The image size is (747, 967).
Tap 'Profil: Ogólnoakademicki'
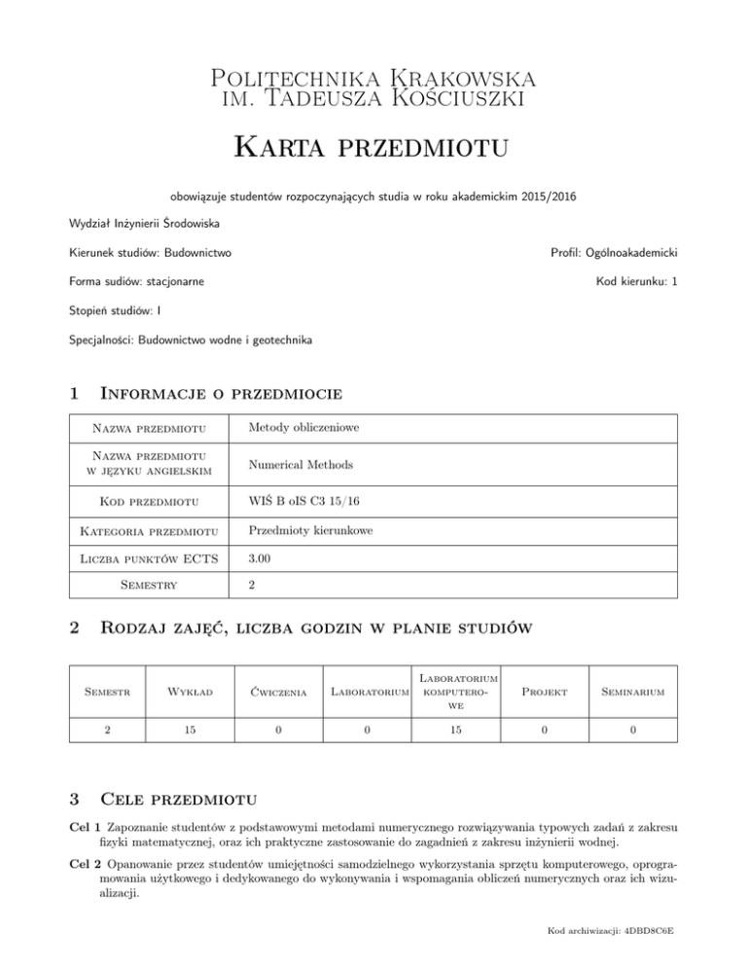(x=614, y=254)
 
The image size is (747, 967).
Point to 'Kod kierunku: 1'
(x=635, y=283)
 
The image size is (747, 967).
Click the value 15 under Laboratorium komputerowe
(x=455, y=748)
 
